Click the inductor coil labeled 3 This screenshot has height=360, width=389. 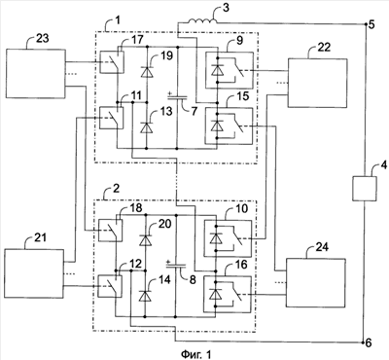(202, 20)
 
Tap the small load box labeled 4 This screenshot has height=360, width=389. (365, 189)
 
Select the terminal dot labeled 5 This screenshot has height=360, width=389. (365, 24)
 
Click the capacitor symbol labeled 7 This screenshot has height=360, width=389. (177, 96)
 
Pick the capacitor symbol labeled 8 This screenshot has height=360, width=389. (176, 266)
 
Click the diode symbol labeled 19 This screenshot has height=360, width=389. (147, 71)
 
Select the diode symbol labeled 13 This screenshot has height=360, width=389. (147, 127)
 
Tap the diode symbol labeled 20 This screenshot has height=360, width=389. (146, 240)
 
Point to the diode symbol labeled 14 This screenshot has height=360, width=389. (146, 296)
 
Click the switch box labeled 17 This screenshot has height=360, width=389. (112, 61)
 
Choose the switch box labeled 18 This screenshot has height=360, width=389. (110, 231)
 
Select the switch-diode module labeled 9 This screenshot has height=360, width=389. (229, 70)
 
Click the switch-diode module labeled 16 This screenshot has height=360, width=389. (228, 294)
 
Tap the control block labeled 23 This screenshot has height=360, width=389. (36, 73)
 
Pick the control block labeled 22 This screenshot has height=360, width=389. (318, 83)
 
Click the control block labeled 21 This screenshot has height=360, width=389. (34, 273)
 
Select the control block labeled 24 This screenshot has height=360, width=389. (316, 282)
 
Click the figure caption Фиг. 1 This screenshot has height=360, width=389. (196, 353)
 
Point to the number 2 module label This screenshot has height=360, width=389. (117, 189)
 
